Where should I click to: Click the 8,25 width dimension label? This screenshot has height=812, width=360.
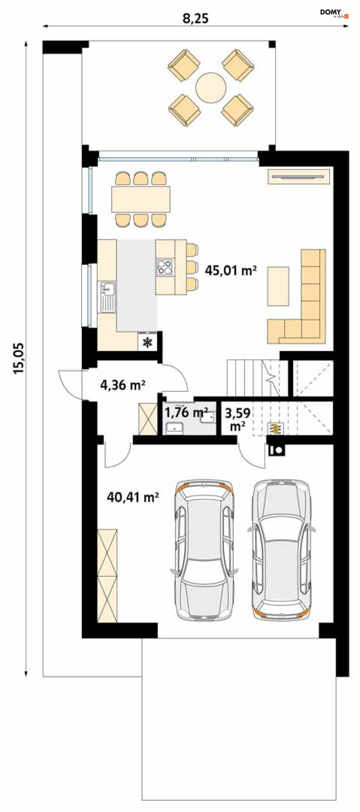[x=195, y=18]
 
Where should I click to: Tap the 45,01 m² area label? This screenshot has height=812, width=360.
[x=231, y=270]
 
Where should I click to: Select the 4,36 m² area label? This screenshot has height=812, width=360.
[x=123, y=385]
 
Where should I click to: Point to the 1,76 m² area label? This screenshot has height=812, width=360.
[x=186, y=412]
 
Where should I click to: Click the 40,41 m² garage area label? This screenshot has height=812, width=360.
[x=133, y=497]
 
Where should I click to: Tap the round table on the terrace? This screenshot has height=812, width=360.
[x=211, y=88]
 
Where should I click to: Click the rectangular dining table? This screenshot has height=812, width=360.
[x=141, y=199]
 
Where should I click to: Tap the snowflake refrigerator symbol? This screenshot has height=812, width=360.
[x=148, y=342]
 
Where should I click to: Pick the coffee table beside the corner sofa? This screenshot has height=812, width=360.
[x=278, y=286]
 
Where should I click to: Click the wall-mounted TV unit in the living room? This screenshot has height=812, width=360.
[x=299, y=176]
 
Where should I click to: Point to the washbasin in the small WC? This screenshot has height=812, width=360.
[x=174, y=428]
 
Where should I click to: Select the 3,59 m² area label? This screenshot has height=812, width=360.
[x=237, y=419]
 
